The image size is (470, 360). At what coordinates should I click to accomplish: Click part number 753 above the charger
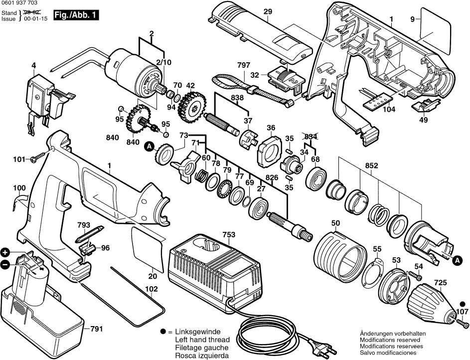coord(229,234)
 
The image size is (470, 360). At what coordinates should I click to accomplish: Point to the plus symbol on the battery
coord(5,253)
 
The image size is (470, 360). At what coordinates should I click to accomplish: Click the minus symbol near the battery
coord(5,265)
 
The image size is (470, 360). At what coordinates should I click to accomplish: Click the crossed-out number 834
coord(311,136)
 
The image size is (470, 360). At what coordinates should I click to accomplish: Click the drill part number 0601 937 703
coord(19,3)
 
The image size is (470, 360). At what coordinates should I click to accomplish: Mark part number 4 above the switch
coord(34,65)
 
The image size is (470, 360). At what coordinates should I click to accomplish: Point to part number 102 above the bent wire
coord(152,289)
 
